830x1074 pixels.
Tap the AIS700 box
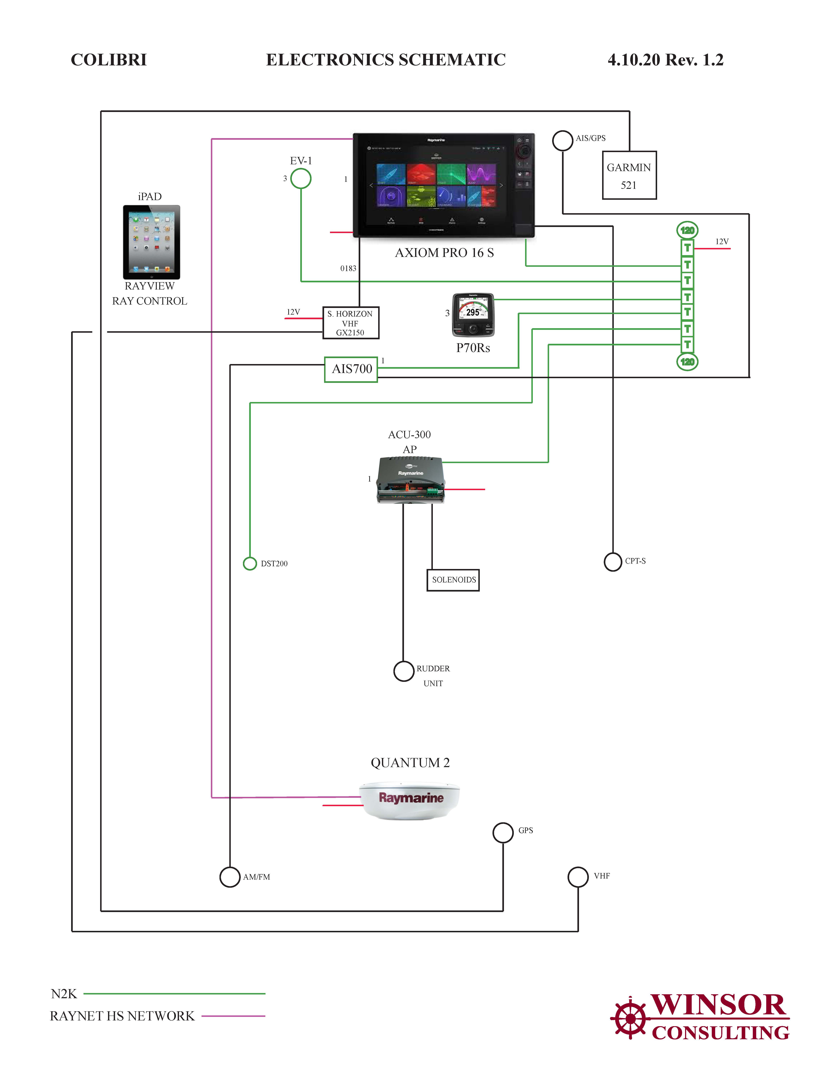[x=351, y=369]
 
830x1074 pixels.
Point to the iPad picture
[x=151, y=242]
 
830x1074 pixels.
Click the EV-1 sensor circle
[x=301, y=178]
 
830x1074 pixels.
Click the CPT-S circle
[x=613, y=562]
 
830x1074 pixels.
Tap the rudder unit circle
[x=404, y=671]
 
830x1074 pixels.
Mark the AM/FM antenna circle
[x=230, y=877]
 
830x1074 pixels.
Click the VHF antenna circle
[x=578, y=877]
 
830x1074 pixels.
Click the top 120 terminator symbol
[x=687, y=230]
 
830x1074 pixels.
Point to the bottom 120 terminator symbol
[x=687, y=362]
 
